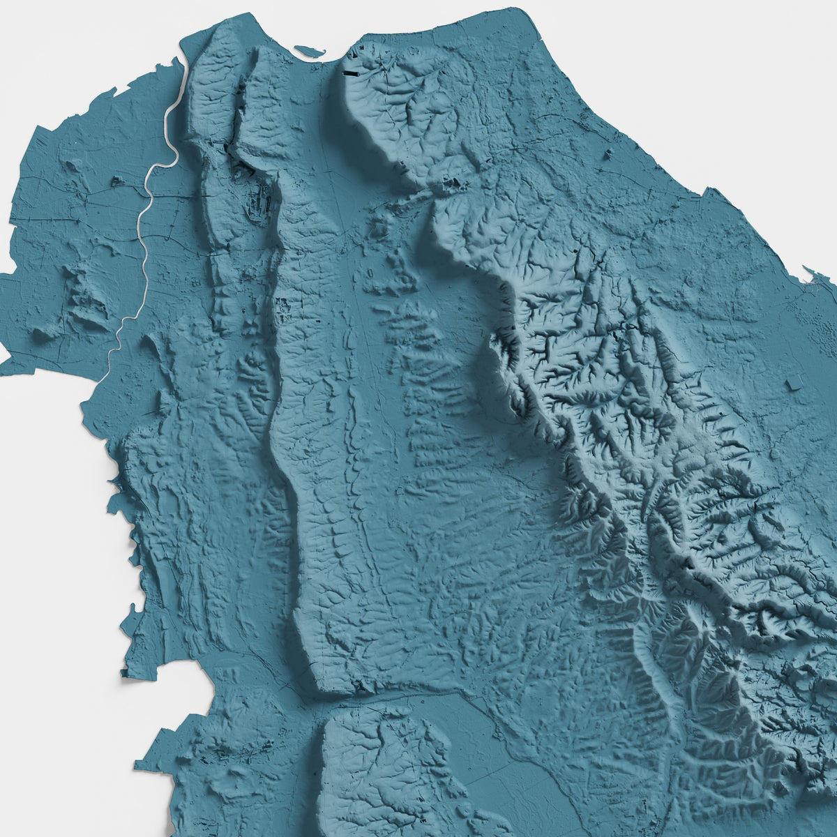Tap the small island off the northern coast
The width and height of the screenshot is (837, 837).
pyautogui.click(x=310, y=51)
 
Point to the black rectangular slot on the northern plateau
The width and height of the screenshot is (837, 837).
pyautogui.click(x=350, y=72)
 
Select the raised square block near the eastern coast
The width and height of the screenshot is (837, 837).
pyautogui.click(x=794, y=383)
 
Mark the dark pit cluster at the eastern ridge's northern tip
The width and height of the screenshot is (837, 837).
pyautogui.click(x=453, y=186)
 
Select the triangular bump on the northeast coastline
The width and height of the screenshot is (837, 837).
pyautogui.click(x=708, y=191)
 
